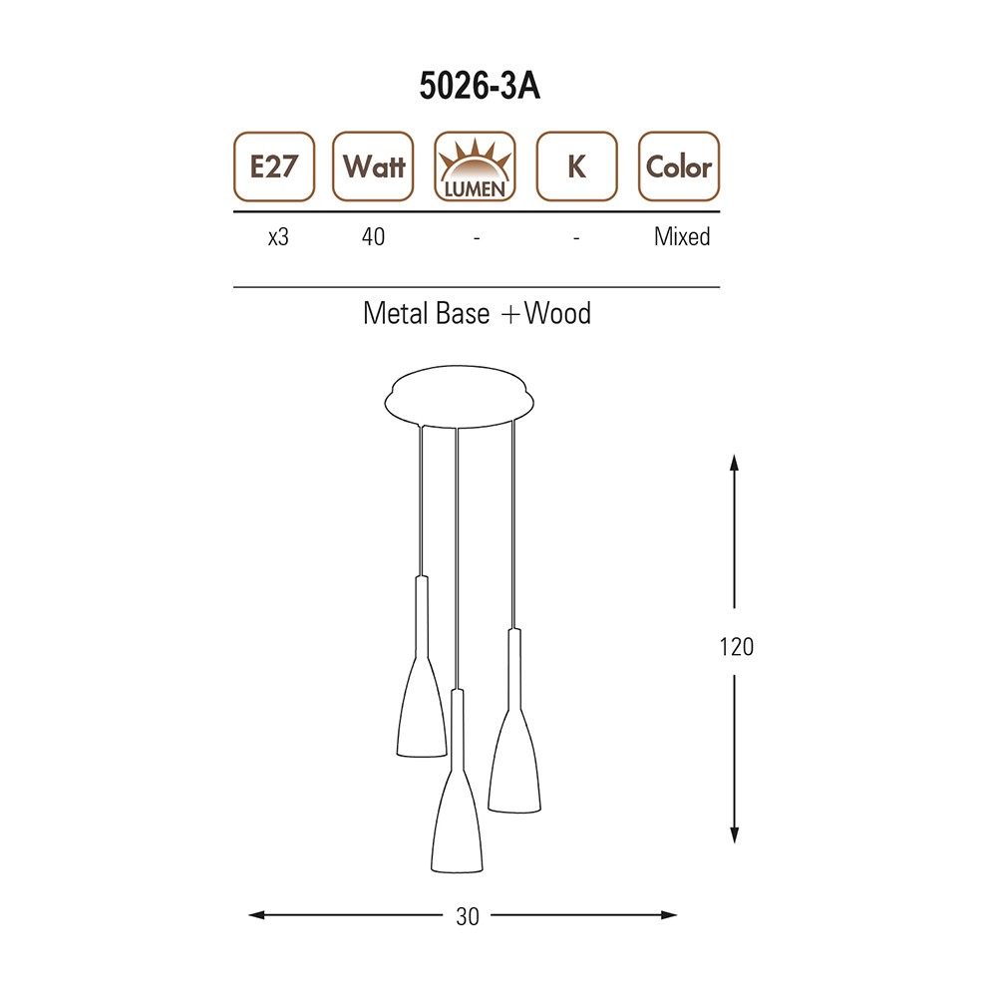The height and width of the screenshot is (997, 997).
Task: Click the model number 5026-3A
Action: coord(480,85)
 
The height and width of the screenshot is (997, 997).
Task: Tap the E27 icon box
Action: coord(274,166)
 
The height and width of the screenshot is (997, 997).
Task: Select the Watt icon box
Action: coord(373,166)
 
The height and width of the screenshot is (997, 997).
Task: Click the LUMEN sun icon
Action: coord(475,166)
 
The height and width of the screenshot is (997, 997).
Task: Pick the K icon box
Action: coord(576,166)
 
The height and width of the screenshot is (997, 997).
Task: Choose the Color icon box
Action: coord(679,166)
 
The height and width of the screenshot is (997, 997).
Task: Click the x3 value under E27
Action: coord(278,237)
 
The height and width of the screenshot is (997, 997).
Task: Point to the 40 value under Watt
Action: coord(373,236)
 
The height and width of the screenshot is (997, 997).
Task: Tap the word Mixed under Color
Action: coord(682,236)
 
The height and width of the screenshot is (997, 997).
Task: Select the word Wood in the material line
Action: coord(557,313)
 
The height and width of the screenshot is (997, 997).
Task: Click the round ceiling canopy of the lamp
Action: coord(459,397)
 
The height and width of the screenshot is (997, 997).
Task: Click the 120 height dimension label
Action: coord(737,647)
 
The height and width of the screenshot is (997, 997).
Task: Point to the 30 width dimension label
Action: coord(468,916)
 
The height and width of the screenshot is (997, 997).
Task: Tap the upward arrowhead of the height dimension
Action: coord(735,463)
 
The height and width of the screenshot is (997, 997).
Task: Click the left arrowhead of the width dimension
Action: coord(256,915)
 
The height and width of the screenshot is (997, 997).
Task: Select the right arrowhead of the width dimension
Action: coord(669,915)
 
